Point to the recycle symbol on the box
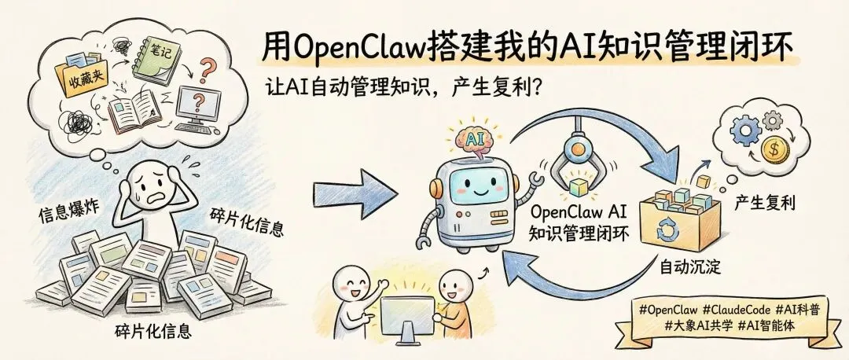click(x=667, y=227)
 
